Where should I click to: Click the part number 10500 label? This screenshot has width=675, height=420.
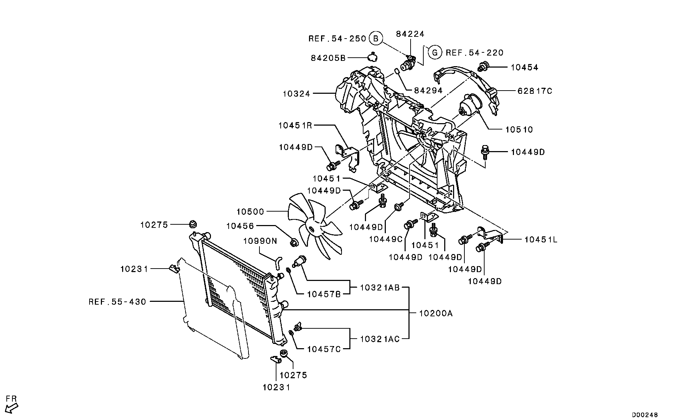250,212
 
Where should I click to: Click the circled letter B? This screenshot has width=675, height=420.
376,38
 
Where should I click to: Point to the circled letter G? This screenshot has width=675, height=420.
435,53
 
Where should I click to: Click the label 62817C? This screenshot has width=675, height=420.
534,91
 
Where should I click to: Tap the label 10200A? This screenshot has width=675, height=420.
436,313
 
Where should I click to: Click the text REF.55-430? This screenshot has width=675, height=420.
117,302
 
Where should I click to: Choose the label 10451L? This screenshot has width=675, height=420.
540,240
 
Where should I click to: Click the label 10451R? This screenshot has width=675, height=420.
295,125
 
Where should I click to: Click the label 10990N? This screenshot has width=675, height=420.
260,241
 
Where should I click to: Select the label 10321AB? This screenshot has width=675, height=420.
380,288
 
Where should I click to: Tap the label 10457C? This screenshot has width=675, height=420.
324,349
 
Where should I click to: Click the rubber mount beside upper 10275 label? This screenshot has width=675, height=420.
193,224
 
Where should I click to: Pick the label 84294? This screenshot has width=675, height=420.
428,90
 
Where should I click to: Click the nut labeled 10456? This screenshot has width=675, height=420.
294,242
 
